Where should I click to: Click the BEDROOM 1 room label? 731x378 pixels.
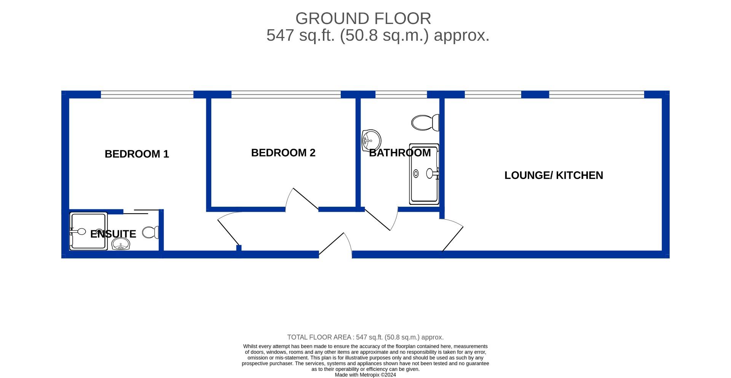coord(137,154)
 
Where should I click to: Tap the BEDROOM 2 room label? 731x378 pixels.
coord(283,153)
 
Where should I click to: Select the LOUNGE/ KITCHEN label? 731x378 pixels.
coord(554,175)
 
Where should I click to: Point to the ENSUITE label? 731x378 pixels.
coord(113,234)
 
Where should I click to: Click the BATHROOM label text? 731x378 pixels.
coord(400,153)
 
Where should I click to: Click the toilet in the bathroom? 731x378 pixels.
coord(425,123)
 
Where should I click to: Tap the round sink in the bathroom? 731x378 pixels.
coord(371,140)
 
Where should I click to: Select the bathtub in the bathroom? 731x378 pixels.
coord(424,174)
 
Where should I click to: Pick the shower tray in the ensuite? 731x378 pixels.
coord(88,231)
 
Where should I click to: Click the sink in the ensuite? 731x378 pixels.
coord(121,244)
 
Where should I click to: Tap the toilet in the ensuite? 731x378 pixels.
coord(151,232)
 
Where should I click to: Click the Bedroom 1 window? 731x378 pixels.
coord(147,94)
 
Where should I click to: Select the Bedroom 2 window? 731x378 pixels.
coord(286,94)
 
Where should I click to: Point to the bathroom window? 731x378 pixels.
coord(401,94)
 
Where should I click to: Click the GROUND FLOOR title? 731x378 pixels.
coord(363,18)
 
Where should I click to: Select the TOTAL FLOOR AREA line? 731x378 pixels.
coord(365,337)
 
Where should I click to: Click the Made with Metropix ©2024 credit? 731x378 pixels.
coord(365,375)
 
